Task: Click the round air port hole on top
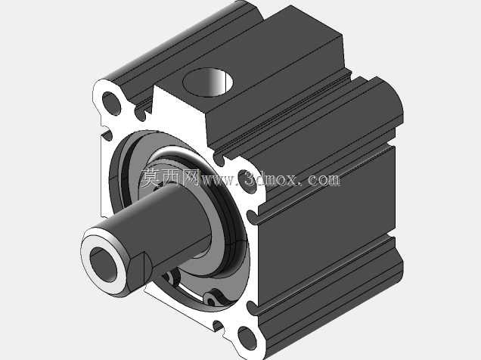click(x=208, y=82)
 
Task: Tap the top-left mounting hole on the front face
click(x=111, y=103)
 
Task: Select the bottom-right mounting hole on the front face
click(x=247, y=338)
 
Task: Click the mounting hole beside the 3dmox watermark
click(x=247, y=182)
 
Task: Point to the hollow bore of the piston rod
click(x=104, y=264)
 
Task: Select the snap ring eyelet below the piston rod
click(x=211, y=299)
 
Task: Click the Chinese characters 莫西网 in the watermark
click(x=170, y=178)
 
